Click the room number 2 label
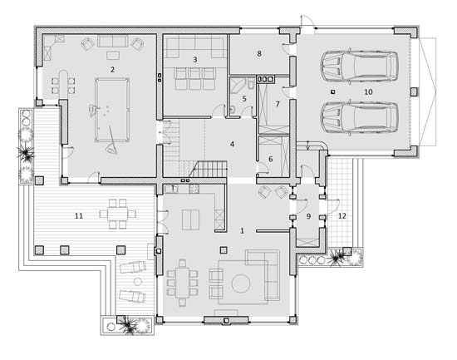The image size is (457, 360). pos(112,70)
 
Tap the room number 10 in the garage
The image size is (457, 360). pos(368,92)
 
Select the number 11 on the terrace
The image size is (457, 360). pos(79,216)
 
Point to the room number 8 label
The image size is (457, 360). pos(259,54)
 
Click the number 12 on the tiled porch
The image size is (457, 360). pos(342,216)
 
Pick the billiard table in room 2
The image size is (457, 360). pos(112,110)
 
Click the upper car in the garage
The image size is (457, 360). pos(359,67)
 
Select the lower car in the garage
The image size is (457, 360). pos(359,117)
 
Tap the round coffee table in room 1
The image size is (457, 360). pos(241,284)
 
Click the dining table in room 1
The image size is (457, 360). pos(183,283)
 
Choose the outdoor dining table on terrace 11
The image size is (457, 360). pos(117,215)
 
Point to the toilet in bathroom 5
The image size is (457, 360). pos(251,84)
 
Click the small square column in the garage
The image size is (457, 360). pos(332,92)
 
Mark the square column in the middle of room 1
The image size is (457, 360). pos(224,250)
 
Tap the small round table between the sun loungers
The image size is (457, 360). pos(137,282)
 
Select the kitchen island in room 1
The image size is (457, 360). pos(191,220)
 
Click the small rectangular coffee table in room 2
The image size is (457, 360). pos(113,55)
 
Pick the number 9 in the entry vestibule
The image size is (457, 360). pos(308,216)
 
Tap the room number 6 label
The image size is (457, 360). pos(271,159)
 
